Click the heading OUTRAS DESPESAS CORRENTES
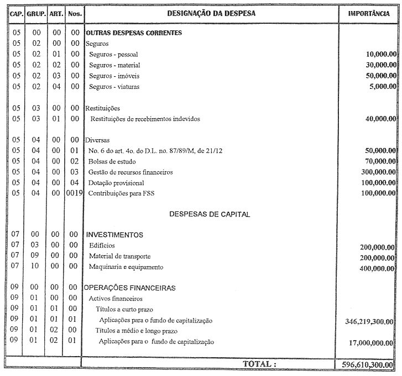click(x=133, y=33)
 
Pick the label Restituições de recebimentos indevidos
click(x=145, y=119)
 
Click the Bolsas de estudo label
click(x=112, y=162)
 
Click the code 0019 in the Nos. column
click(x=74, y=194)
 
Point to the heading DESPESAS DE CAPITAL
click(x=210, y=214)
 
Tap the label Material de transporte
click(x=119, y=257)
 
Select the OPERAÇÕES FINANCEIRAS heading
click(x=130, y=288)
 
